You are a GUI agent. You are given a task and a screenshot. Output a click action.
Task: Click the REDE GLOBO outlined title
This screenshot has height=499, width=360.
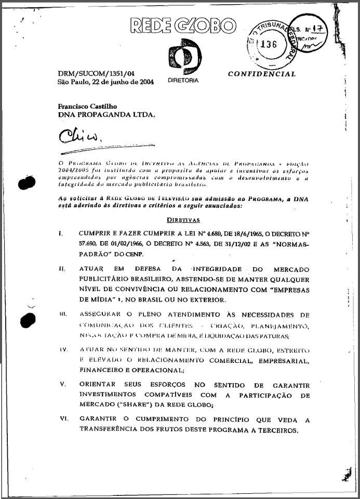tap(182, 25)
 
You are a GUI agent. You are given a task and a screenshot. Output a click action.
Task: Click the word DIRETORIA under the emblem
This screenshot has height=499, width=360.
tap(183, 81)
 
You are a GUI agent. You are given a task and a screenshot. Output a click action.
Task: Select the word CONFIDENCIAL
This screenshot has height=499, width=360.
tap(262, 74)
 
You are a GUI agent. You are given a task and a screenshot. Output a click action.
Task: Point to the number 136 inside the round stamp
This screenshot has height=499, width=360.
tap(269, 44)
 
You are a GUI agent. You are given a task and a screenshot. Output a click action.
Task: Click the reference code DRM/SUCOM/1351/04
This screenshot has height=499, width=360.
tap(93, 74)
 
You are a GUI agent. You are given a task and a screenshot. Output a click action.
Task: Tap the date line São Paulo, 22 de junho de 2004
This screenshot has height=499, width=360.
tap(106, 82)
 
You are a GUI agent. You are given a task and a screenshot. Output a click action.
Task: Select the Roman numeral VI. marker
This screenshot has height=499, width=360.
tap(63, 419)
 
